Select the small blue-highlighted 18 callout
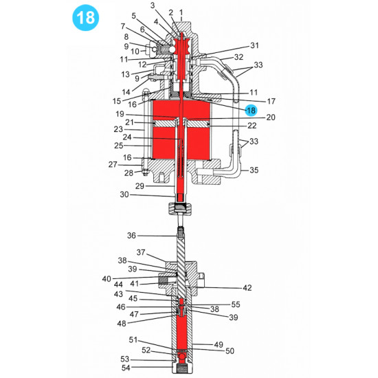click(251, 109)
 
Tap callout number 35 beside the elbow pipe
click(254, 170)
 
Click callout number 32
click(238, 57)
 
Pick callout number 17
click(252, 100)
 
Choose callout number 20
click(252, 118)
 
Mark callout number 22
click(252, 125)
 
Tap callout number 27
click(113, 164)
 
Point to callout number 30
click(125, 195)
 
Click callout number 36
click(131, 236)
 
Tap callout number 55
click(236, 304)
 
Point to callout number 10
click(135, 52)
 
